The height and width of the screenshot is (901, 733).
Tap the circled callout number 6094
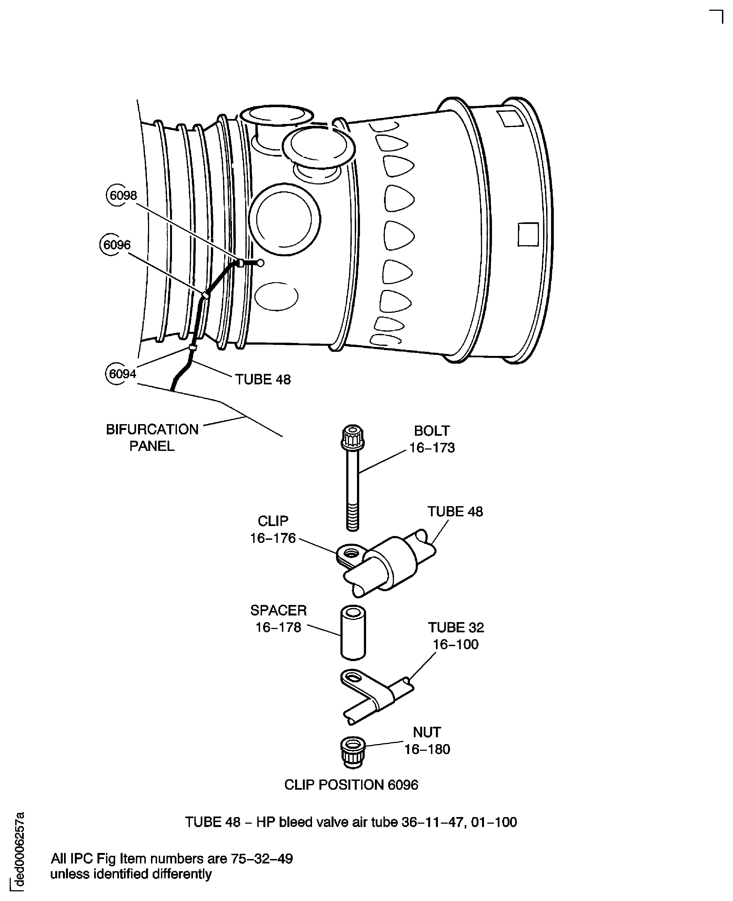121,374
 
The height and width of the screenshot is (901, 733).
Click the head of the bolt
353,437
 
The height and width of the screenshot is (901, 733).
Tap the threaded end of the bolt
353,519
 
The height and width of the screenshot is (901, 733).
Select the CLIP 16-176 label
273,529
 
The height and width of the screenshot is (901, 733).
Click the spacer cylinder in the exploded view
353,633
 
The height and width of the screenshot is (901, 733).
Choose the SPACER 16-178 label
278,619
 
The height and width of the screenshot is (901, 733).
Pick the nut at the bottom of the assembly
353,752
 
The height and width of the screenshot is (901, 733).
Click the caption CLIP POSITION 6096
351,784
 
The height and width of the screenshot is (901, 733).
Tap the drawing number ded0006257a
18,849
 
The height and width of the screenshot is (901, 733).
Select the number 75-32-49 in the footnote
261,858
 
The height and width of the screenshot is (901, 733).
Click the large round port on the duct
285,219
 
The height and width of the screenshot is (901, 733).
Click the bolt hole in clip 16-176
351,552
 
